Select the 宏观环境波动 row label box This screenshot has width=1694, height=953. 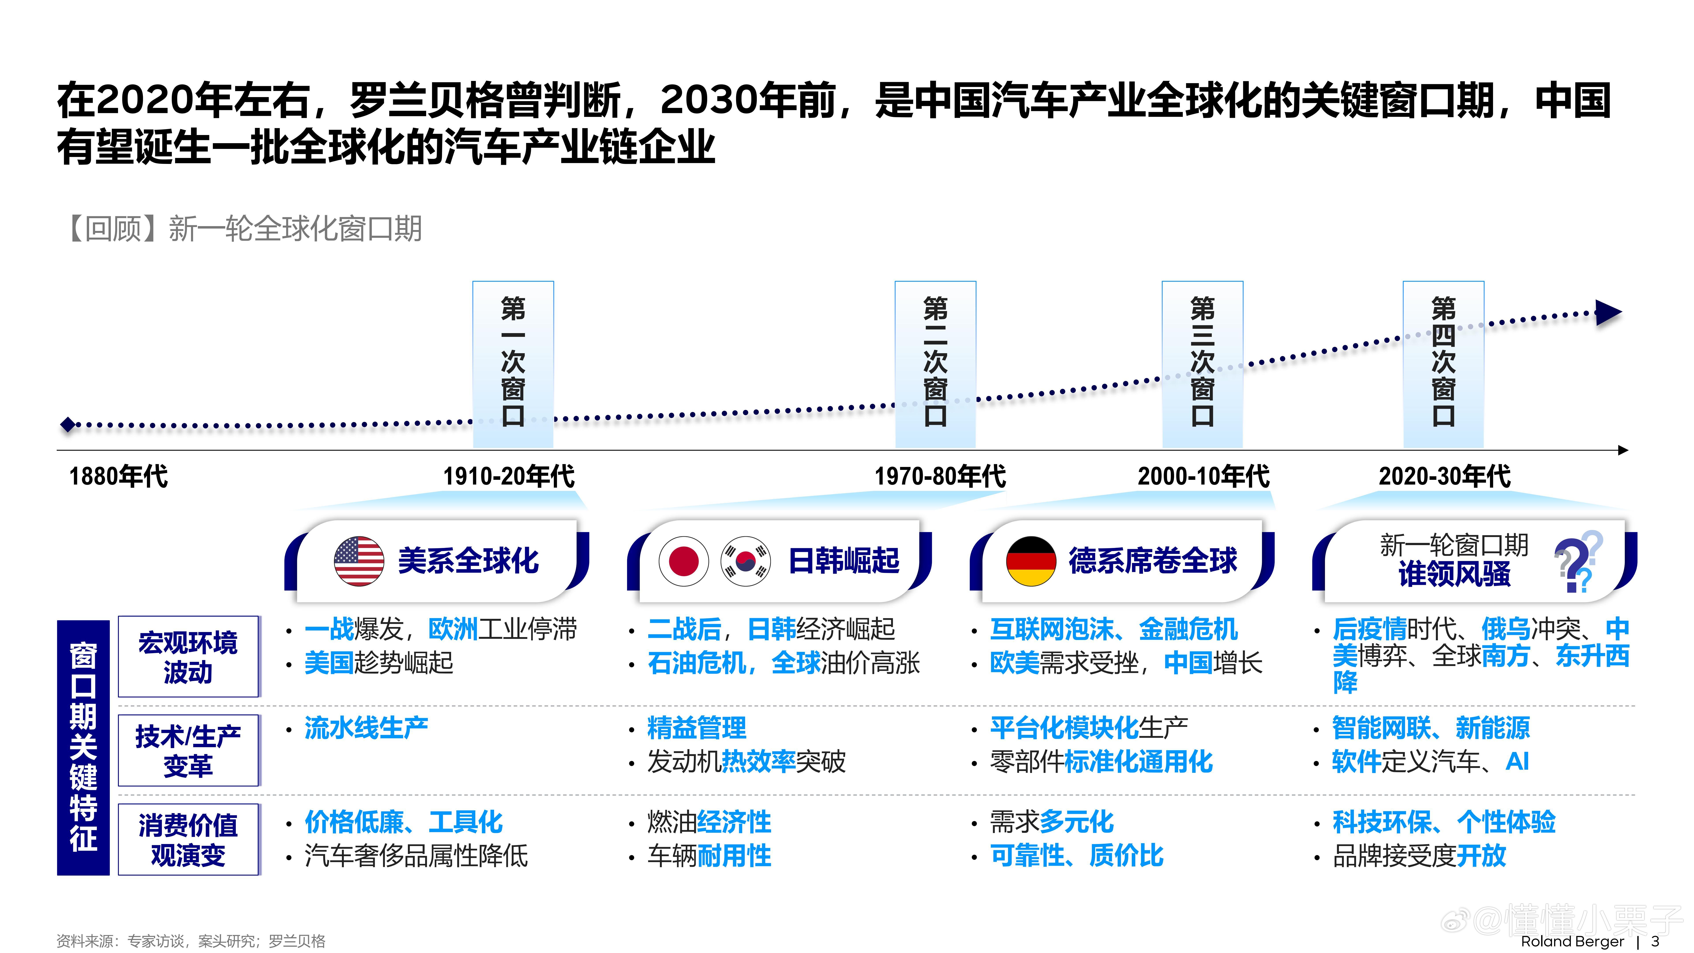coord(188,656)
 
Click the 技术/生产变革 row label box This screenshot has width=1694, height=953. coord(188,750)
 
